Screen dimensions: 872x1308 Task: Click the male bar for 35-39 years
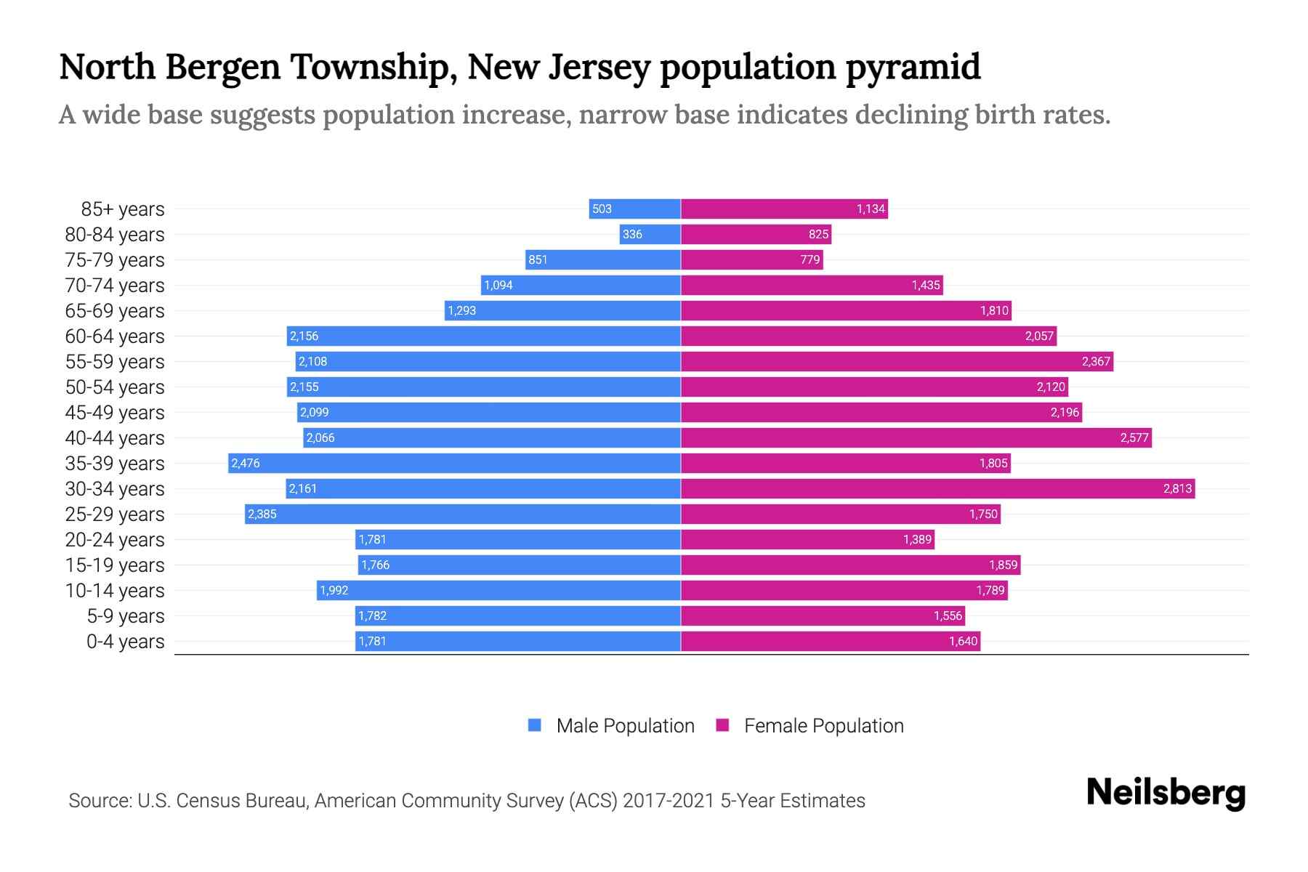pyautogui.click(x=454, y=463)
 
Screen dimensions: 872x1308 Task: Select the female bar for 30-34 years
pyautogui.click(x=937, y=488)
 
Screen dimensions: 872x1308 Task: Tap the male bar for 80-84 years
pyautogui.click(x=650, y=234)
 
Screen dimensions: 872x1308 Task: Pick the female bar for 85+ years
pyautogui.click(x=784, y=209)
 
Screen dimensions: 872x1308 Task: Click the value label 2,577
pyautogui.click(x=1134, y=437)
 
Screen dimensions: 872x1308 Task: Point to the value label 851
pyautogui.click(x=538, y=259)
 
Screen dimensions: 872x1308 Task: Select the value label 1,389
pyautogui.click(x=917, y=539)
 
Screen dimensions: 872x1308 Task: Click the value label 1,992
pyautogui.click(x=334, y=590)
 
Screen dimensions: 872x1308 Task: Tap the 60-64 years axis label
pyautogui.click(x=115, y=336)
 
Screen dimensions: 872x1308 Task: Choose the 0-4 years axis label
pyautogui.click(x=125, y=642)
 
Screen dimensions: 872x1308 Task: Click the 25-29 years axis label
pyautogui.click(x=115, y=514)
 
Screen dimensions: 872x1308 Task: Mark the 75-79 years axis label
pyautogui.click(x=115, y=260)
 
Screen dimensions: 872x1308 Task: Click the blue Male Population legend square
pyautogui.click(x=535, y=725)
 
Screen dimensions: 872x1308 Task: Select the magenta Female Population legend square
pyautogui.click(x=722, y=725)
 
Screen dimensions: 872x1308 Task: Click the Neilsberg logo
pyautogui.click(x=1166, y=793)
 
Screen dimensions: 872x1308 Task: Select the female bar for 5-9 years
pyautogui.click(x=823, y=615)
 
